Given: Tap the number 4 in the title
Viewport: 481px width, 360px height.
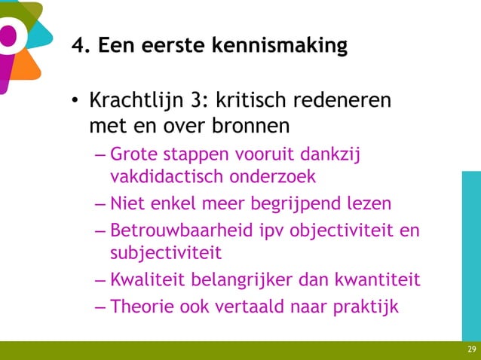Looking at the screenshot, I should click(78, 47).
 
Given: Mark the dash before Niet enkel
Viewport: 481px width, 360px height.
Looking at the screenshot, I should click(101, 204).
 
